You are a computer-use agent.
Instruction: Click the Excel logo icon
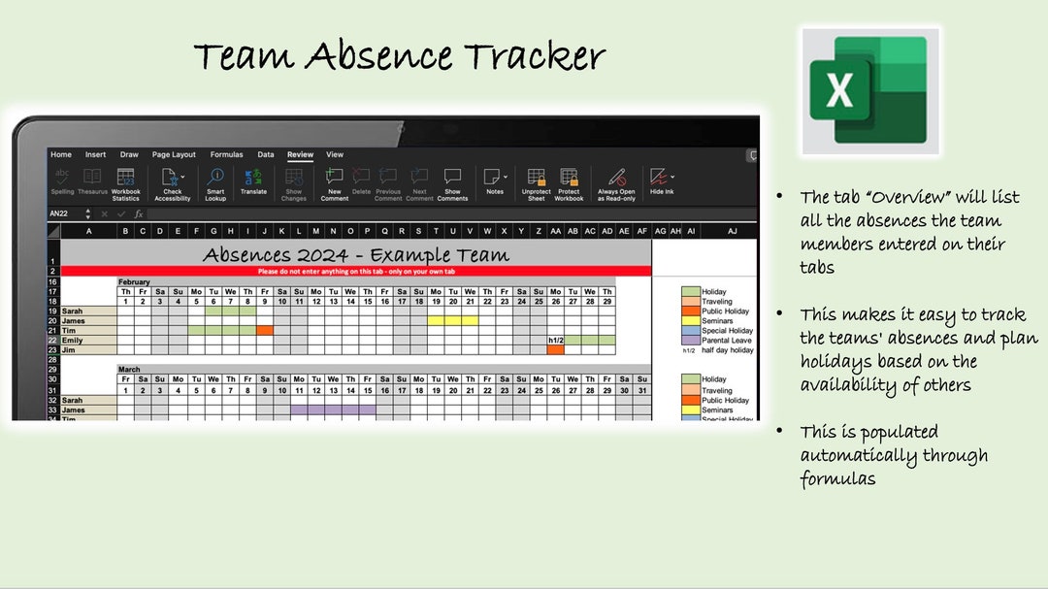(869, 90)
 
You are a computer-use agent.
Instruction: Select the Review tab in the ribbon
(300, 154)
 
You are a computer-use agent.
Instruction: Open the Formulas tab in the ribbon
(227, 154)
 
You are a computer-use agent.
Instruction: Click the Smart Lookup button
(215, 181)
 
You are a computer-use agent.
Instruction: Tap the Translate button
(253, 181)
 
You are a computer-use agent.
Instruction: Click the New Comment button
(335, 181)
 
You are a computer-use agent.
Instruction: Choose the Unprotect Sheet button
(536, 181)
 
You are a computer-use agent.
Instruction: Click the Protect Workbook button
(569, 181)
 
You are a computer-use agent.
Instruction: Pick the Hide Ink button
(662, 181)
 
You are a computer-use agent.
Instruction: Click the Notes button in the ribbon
(495, 181)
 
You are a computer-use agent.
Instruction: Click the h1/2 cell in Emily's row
(556, 341)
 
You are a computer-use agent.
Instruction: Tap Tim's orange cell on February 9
(265, 331)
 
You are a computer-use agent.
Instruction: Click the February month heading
(135, 281)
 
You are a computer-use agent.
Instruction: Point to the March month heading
(129, 370)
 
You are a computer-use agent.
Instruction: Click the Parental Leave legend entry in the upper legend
(726, 341)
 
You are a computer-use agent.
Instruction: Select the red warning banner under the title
(356, 272)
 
